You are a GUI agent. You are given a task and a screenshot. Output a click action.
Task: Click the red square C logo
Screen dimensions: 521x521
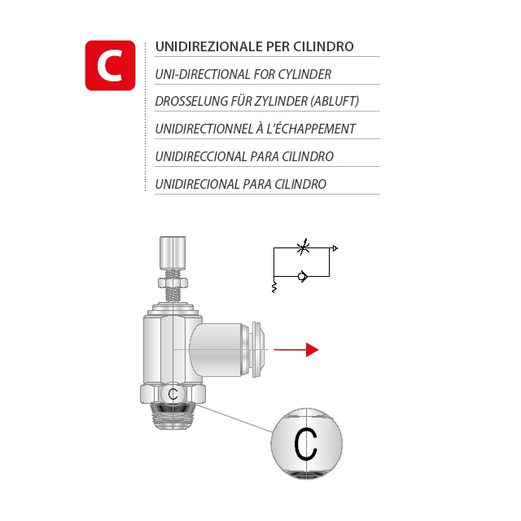(111, 65)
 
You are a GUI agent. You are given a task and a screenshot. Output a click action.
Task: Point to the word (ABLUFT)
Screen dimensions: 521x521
(335, 101)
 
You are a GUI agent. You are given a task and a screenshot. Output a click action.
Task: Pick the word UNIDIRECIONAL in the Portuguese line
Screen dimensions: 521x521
(197, 184)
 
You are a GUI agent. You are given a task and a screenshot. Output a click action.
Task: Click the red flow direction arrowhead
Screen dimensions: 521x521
(312, 349)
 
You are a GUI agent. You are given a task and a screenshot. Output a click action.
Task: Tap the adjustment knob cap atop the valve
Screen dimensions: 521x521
(173, 252)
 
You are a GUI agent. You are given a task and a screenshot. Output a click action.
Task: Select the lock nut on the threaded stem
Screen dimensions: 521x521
(173, 283)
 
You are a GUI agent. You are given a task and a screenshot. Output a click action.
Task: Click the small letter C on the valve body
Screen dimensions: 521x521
(173, 394)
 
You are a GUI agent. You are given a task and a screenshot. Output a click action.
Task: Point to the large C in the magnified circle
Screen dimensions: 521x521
(305, 444)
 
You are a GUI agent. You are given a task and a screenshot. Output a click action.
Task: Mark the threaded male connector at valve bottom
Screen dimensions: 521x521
(173, 415)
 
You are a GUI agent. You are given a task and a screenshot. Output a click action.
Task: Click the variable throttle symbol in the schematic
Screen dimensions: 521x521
(303, 247)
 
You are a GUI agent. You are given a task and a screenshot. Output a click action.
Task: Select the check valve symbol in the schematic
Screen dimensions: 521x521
(302, 276)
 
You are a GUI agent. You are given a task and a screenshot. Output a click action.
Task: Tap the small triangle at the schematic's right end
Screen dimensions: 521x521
(335, 248)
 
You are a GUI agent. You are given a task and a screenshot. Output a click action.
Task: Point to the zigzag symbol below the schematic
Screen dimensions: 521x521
(274, 287)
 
